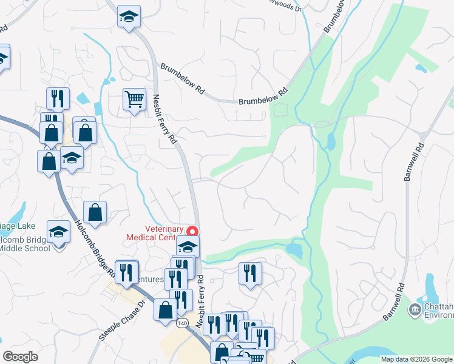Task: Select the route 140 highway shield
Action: point(183,323)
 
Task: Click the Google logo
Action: point(20,357)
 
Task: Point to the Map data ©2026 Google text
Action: point(416,359)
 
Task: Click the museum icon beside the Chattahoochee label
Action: point(415,310)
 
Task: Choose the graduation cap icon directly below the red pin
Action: point(188,246)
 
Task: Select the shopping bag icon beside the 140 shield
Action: point(165,310)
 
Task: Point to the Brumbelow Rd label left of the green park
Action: point(262,97)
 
